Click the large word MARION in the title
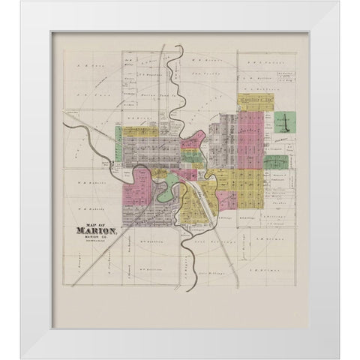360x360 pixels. [x=90, y=231]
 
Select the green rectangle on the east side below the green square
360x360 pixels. [x=276, y=161]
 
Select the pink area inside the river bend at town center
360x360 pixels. [x=184, y=174]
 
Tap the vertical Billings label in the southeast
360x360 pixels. [x=244, y=247]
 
